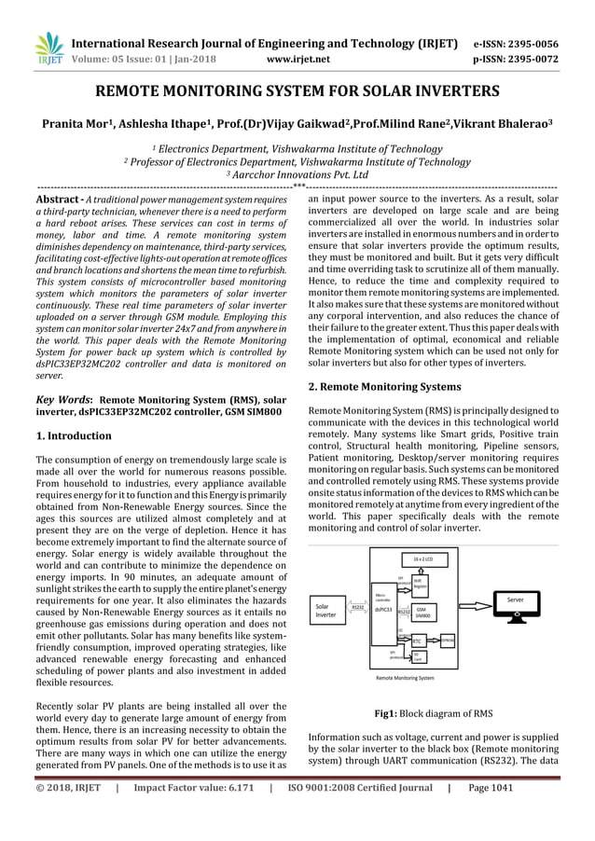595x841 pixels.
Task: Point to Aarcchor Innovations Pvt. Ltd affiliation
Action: tap(300, 174)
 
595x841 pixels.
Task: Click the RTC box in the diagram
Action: tap(419, 641)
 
